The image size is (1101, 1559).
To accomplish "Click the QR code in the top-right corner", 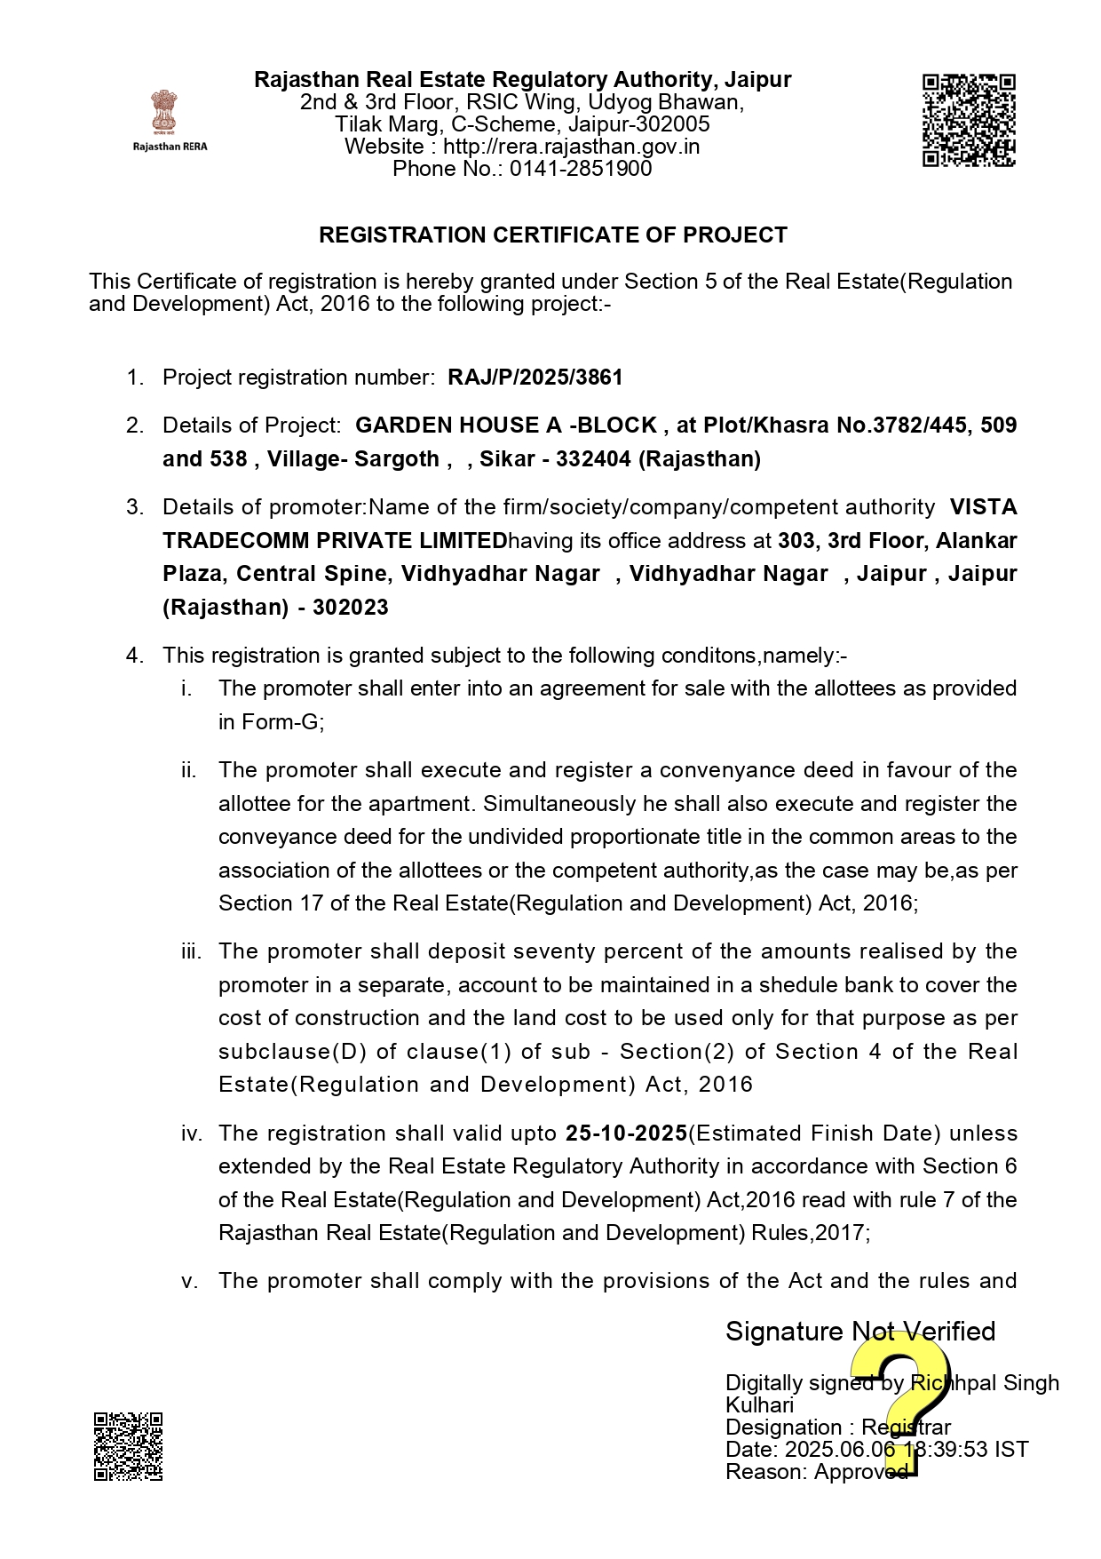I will pyautogui.click(x=969, y=120).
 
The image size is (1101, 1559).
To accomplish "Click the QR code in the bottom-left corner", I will pyautogui.click(x=128, y=1446).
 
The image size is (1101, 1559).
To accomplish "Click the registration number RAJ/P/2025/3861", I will pyautogui.click(x=535, y=378).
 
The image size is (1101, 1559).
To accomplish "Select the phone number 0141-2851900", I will pyautogui.click(x=581, y=169).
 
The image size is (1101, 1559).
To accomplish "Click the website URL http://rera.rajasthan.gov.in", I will pyautogui.click(x=571, y=147).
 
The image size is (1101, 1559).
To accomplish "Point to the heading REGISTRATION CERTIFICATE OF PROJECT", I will pyautogui.click(x=552, y=235).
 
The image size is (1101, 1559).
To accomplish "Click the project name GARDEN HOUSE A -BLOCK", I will pyautogui.click(x=506, y=426).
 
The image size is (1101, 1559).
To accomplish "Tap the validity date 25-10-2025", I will pyautogui.click(x=626, y=1133).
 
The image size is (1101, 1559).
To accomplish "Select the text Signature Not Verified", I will pyautogui.click(x=859, y=1332).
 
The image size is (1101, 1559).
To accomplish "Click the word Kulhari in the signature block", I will pyautogui.click(x=759, y=1405).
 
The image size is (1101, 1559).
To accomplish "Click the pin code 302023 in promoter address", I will pyautogui.click(x=350, y=608).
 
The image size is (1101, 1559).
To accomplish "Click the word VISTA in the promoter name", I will pyautogui.click(x=983, y=507).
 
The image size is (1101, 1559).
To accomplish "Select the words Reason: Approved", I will pyautogui.click(x=816, y=1472).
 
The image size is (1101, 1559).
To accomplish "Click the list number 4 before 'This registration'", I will pyautogui.click(x=134, y=656).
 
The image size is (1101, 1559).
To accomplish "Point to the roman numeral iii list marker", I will pyautogui.click(x=191, y=951).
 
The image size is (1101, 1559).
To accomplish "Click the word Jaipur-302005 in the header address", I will pyautogui.click(x=638, y=124).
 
